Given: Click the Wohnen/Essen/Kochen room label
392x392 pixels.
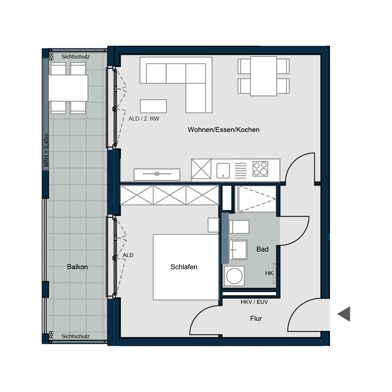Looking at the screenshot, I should (x=223, y=130).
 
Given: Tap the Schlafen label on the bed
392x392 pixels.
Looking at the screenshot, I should (x=184, y=267).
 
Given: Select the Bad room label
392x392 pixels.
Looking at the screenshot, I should (x=262, y=249).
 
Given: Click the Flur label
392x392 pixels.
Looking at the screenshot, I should (x=256, y=318).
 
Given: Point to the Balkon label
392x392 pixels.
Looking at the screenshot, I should (x=77, y=267).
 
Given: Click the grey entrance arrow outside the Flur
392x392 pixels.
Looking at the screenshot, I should (x=344, y=314).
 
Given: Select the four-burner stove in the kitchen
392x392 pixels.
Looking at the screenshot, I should (x=260, y=169).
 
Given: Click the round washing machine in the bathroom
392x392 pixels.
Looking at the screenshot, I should (x=234, y=276).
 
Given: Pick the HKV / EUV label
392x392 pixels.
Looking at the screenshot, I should (x=254, y=302).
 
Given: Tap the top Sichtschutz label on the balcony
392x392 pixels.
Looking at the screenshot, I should (x=76, y=57).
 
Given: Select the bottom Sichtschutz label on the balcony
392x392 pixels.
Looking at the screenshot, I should (x=76, y=336).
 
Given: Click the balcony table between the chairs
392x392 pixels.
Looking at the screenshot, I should (x=68, y=88).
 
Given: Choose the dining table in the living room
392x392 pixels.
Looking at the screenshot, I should (x=263, y=76).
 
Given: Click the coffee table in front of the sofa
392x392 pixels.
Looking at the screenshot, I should (x=153, y=106).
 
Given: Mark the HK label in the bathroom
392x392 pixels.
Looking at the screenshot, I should (x=269, y=273).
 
